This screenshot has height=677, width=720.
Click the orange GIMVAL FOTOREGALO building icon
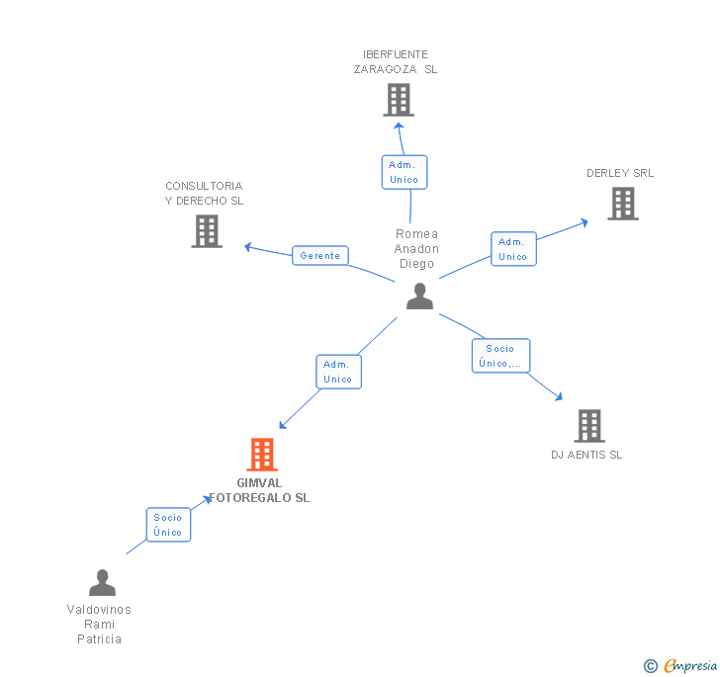[x=261, y=455]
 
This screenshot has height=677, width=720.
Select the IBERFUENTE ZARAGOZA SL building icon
[x=398, y=100]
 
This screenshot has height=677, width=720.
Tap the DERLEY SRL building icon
[x=622, y=204]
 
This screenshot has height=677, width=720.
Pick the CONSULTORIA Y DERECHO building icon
[x=206, y=231]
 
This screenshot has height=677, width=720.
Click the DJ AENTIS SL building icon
[x=588, y=426]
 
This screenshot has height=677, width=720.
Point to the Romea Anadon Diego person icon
[x=419, y=296]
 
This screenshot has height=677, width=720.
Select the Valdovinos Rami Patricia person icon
[x=102, y=583]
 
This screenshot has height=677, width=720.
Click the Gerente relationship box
[x=320, y=255]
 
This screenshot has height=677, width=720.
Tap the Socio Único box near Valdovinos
[x=168, y=525]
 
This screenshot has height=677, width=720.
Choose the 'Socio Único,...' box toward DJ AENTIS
[x=500, y=356]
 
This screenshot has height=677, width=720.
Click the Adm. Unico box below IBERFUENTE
[x=404, y=172]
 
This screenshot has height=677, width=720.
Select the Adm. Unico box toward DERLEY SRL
[x=512, y=249]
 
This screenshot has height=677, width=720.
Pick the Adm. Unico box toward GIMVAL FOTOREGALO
[x=337, y=372]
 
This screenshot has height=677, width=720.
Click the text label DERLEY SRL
[x=620, y=173]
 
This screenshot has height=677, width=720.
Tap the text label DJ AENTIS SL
[x=586, y=455]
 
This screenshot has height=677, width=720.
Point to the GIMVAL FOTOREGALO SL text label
[x=259, y=490]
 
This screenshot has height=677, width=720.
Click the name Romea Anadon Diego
[x=416, y=249]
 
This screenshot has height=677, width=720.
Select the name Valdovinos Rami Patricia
[x=99, y=625]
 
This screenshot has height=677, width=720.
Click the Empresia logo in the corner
[x=689, y=665]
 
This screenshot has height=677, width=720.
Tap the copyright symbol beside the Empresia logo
[x=651, y=666]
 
